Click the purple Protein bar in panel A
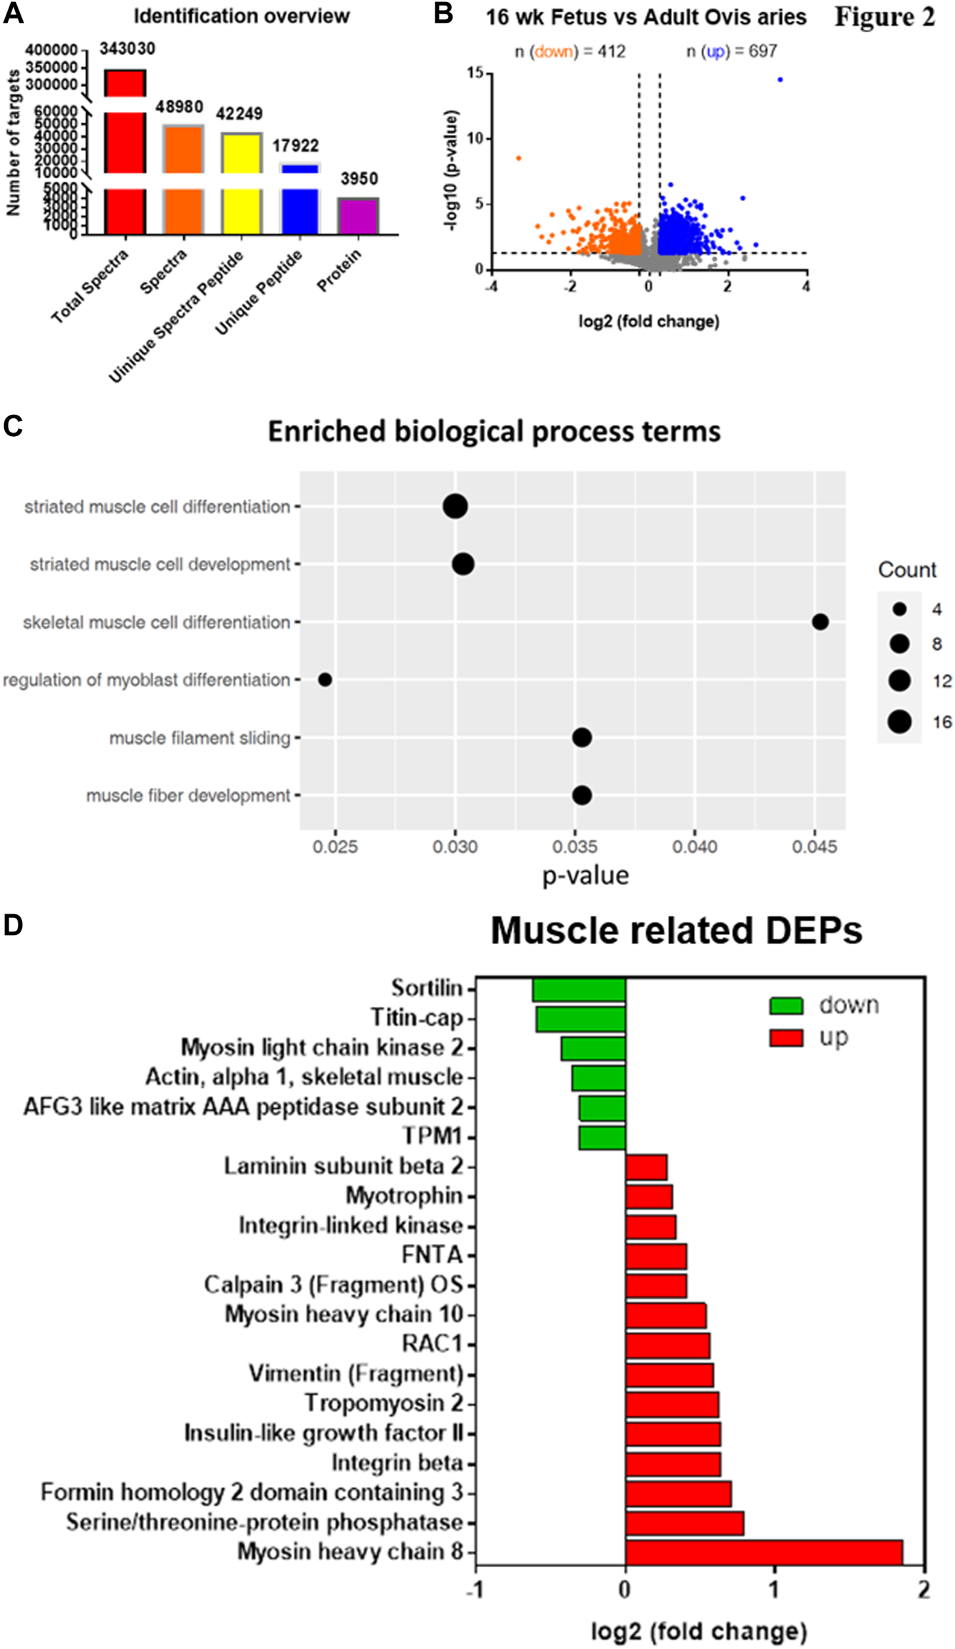[358, 216]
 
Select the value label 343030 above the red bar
[127, 48]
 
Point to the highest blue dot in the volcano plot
[780, 80]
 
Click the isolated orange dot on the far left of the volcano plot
[519, 158]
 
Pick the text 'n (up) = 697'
[731, 51]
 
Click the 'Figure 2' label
[884, 17]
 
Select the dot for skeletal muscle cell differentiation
[820, 622]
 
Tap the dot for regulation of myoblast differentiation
[325, 680]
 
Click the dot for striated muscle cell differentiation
[455, 507]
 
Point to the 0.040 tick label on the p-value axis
[695, 847]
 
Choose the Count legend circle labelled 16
[899, 722]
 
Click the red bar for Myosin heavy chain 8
[763, 1551]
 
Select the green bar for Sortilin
[579, 989]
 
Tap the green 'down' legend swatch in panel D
[786, 1006]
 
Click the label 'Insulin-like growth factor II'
[324, 1432]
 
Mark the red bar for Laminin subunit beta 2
[646, 1167]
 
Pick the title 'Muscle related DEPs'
[676, 931]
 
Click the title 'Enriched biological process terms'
[494, 432]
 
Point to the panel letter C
[13, 426]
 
